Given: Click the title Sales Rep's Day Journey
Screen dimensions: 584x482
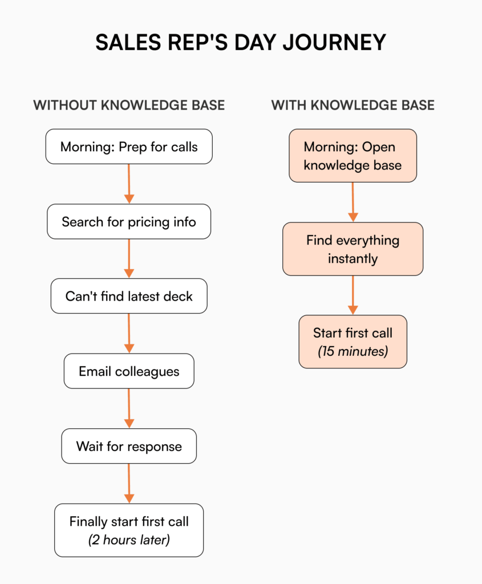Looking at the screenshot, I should click(241, 43).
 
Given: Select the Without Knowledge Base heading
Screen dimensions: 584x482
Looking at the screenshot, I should click(129, 105).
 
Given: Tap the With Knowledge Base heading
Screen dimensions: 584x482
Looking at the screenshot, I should click(353, 105).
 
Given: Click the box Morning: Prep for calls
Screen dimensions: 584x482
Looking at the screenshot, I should click(129, 147).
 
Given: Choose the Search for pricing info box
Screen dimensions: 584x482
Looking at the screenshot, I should click(129, 221).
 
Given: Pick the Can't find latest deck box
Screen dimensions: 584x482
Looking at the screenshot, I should click(129, 296).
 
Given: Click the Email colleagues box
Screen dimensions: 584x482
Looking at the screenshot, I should click(129, 371).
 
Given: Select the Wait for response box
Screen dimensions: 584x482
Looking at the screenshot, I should click(129, 446).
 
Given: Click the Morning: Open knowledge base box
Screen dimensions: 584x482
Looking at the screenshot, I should click(353, 156).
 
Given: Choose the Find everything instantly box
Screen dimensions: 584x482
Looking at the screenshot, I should click(353, 249).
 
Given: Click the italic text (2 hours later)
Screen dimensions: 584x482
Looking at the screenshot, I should click(129, 540).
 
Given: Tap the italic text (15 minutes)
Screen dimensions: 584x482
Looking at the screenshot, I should click(353, 351).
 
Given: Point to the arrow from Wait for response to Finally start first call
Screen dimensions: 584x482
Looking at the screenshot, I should click(129, 483).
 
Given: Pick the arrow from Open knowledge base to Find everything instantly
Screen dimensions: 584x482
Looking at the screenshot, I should click(353, 202).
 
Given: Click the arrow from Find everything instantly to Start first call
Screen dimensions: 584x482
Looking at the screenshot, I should click(353, 295).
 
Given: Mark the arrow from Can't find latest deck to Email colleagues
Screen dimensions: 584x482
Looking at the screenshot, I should click(129, 334).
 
